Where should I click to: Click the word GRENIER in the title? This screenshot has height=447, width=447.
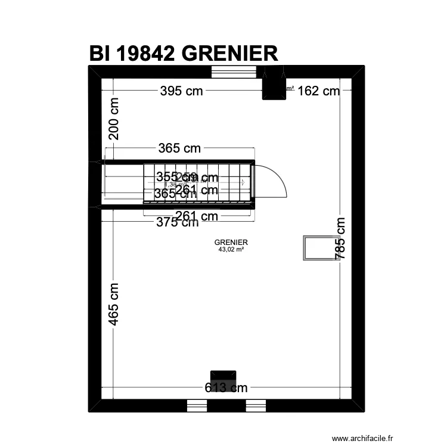point(229,54)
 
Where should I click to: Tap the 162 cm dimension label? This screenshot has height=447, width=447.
point(318,91)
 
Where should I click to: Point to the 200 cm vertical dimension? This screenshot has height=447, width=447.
point(113,119)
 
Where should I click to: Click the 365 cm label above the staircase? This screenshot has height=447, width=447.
point(179,148)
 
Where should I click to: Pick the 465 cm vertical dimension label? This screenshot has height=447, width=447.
point(113,304)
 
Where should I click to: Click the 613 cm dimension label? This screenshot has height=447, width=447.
point(226,388)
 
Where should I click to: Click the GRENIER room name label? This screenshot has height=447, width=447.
point(231,243)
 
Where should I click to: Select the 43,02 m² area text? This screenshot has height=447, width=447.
point(231,250)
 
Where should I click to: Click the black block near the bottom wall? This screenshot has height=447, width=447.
point(223,377)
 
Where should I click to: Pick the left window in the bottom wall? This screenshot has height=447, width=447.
point(197,405)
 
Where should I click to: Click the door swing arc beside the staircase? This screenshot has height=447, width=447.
point(274,181)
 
